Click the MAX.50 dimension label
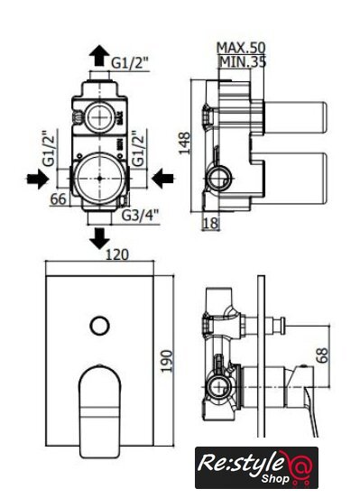click(x=241, y=48)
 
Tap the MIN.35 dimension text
click(x=243, y=61)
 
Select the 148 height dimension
click(x=184, y=143)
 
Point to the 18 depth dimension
click(x=210, y=223)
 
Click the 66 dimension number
click(x=59, y=199)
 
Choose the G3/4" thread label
click(x=140, y=216)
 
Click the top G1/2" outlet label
click(x=130, y=63)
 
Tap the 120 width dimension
click(x=117, y=254)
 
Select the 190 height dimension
click(x=166, y=361)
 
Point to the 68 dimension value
click(x=322, y=355)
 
